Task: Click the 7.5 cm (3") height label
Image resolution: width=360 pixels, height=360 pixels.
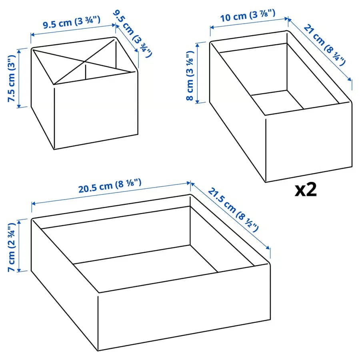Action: [x=12, y=78]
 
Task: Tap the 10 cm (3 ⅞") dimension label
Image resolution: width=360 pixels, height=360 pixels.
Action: [x=248, y=16]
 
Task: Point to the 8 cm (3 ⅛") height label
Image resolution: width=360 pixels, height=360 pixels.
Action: [x=190, y=76]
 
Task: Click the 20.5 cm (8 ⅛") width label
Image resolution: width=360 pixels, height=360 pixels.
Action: [x=110, y=186]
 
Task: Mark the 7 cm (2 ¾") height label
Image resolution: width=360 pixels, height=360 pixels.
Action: [x=12, y=248]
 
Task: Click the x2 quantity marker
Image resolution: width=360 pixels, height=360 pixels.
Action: [x=306, y=190]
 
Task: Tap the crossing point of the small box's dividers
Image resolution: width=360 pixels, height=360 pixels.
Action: [x=85, y=62]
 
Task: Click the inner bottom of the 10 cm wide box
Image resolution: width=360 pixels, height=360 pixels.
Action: [x=277, y=102]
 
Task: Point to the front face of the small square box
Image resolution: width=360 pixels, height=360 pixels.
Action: [x=96, y=111]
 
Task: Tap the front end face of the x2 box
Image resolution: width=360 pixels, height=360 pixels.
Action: [x=309, y=142]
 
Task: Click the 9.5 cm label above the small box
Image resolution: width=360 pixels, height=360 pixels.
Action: [x=72, y=22]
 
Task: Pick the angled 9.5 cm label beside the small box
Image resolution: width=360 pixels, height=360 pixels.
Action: [x=132, y=34]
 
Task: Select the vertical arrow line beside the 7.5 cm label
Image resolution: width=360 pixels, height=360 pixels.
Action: [x=19, y=78]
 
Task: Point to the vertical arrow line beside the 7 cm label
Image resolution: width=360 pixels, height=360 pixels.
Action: [x=19, y=246]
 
